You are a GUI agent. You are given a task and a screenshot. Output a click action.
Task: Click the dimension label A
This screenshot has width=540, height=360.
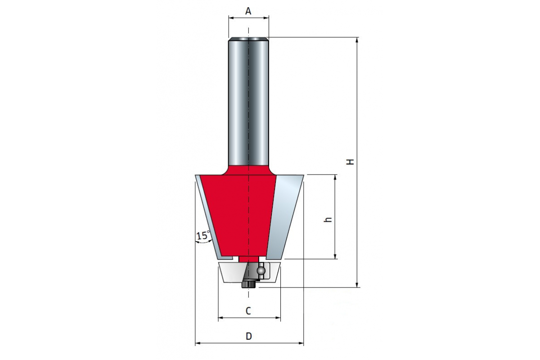[248, 11]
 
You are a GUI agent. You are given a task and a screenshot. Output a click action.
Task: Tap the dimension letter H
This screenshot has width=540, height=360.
[350, 162]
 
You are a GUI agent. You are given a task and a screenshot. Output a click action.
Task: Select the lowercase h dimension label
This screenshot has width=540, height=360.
[328, 220]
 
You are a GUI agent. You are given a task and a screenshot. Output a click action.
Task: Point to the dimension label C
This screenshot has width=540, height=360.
[248, 311]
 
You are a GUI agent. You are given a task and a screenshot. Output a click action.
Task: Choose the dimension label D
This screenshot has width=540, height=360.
[249, 336]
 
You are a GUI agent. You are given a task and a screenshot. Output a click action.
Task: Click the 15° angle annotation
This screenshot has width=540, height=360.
[203, 236]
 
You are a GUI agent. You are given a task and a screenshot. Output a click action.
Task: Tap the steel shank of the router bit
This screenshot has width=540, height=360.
[248, 101]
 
